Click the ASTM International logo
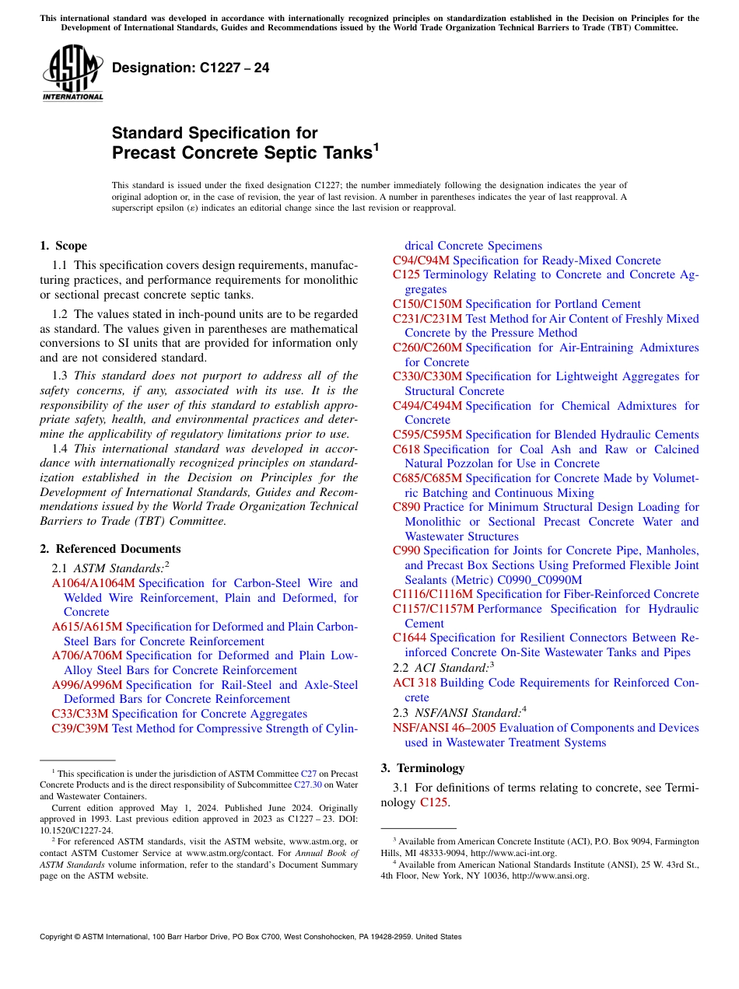(72, 73)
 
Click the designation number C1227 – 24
(191, 68)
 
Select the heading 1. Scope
(63, 246)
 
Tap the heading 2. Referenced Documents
(110, 549)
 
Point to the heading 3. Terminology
(422, 768)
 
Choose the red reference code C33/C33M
(80, 714)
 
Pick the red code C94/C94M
(421, 260)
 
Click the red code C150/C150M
(427, 304)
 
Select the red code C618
(406, 449)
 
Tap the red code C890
(406, 507)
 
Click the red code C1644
(409, 638)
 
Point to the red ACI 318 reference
(415, 683)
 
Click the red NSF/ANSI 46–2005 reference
(444, 728)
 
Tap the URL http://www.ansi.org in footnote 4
(550, 875)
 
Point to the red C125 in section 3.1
(433, 802)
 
